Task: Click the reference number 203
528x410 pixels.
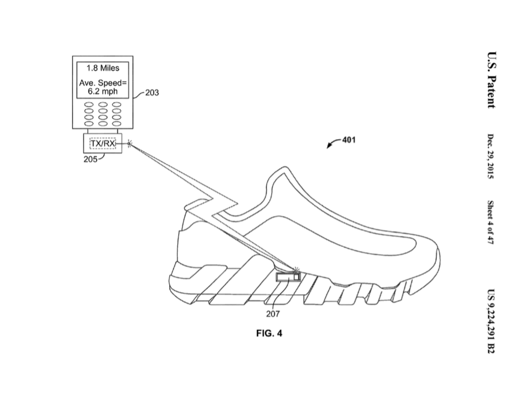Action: click(152, 93)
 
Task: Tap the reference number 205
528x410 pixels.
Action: click(91, 159)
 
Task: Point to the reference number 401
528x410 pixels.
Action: click(349, 140)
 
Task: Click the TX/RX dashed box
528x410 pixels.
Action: click(103, 144)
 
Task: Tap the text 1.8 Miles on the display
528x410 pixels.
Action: click(103, 68)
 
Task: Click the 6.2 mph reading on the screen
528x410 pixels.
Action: click(103, 92)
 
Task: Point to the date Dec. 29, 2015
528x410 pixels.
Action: click(490, 156)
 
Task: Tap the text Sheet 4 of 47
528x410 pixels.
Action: click(490, 222)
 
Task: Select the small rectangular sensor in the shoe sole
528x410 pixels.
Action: click(287, 277)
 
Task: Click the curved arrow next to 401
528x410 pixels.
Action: click(332, 144)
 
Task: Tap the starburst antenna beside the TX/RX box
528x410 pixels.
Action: click(130, 144)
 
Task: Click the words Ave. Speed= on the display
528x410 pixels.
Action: click(103, 83)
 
